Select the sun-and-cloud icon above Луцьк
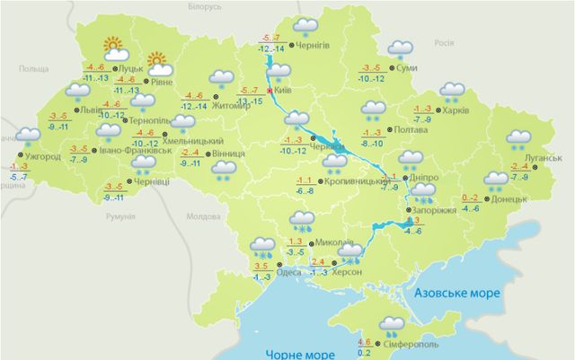112,47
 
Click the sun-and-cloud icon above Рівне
158,62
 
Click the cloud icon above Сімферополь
392,325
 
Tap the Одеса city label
289,273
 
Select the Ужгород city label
41,157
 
